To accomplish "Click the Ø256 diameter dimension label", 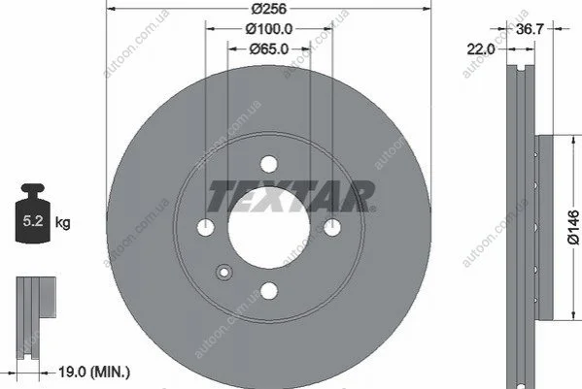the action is click(x=269, y=8).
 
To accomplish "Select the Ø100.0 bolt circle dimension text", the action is click(x=269, y=29).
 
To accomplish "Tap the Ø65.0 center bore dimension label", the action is click(x=269, y=49).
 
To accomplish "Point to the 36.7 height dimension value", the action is click(x=530, y=29).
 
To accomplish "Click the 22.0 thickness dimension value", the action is click(x=481, y=49).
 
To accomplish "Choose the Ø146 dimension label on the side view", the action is click(x=573, y=227).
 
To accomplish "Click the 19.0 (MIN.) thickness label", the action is click(x=94, y=372).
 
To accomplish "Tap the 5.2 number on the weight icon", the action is click(x=33, y=221).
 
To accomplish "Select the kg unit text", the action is click(x=62, y=223).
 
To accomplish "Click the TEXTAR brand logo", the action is click(x=291, y=196).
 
